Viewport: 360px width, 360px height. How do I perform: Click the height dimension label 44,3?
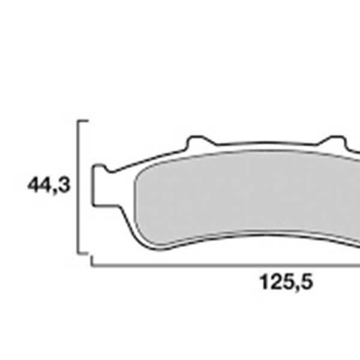(x=49, y=185)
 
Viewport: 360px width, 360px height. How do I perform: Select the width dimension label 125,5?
(x=286, y=281)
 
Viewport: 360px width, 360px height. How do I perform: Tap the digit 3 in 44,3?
(x=64, y=185)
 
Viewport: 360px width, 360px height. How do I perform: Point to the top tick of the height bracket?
(x=84, y=121)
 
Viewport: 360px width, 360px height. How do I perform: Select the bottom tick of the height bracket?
(x=84, y=253)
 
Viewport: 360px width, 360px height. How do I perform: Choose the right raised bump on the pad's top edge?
(x=331, y=142)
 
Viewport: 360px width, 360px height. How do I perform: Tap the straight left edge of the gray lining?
(x=134, y=201)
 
